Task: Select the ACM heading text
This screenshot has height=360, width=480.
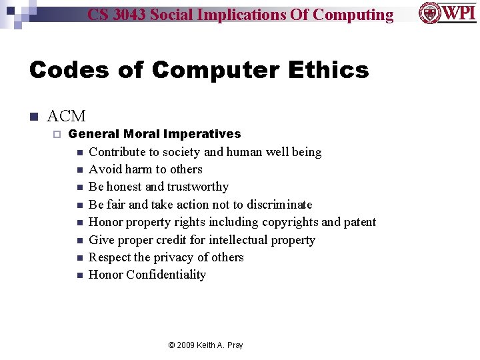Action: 67,117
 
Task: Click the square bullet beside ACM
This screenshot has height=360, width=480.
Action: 33,117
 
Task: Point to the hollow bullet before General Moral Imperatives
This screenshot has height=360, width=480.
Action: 56,135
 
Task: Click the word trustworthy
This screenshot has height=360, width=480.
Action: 198,187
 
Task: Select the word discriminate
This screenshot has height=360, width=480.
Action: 279,204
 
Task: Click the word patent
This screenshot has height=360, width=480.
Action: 360,222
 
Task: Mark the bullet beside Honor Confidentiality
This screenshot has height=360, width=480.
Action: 79,275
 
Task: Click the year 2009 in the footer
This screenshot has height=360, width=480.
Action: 186,345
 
